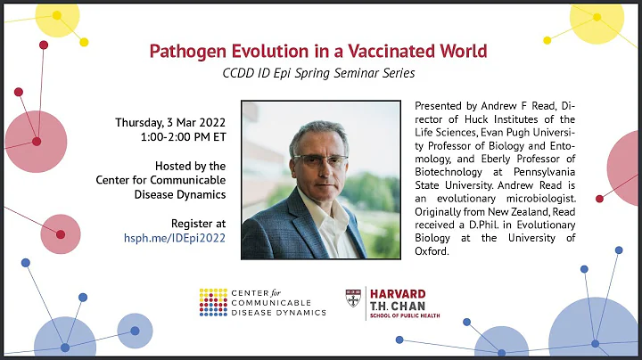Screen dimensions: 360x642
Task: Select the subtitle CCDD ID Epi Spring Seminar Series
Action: click(x=319, y=72)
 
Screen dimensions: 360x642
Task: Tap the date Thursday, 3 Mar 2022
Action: click(x=171, y=122)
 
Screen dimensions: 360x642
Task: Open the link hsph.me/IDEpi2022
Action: click(x=174, y=237)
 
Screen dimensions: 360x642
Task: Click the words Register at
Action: click(x=197, y=222)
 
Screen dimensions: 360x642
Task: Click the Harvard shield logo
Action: click(x=353, y=300)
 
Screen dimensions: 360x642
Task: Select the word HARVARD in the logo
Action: click(x=398, y=293)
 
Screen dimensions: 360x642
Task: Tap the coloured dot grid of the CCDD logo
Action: click(x=213, y=301)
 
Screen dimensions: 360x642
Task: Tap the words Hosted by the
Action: click(x=190, y=166)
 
